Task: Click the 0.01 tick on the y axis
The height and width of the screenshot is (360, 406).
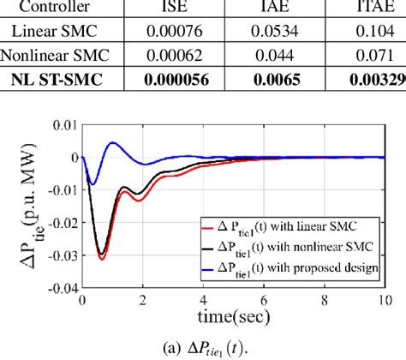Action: pyautogui.click(x=65, y=125)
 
